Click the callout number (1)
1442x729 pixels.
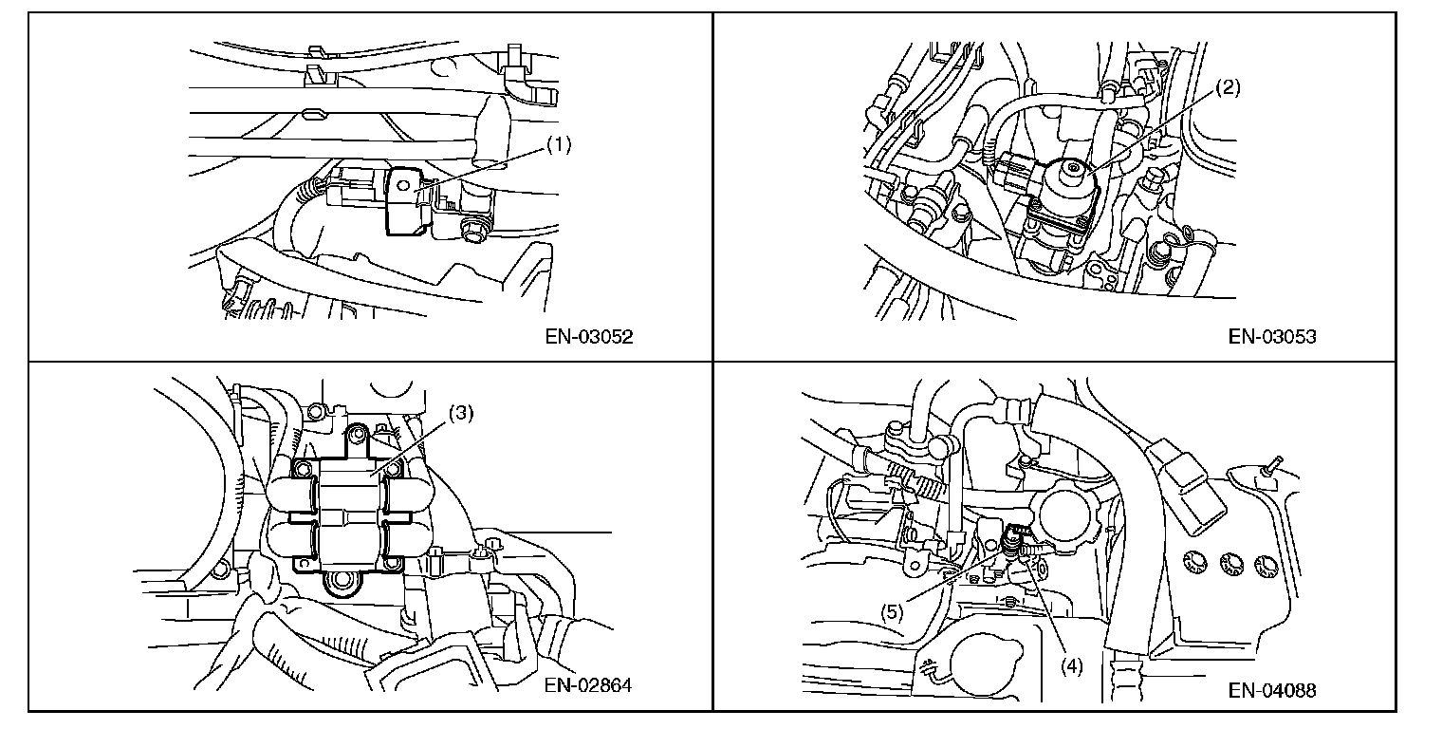559,145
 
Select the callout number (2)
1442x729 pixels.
1228,87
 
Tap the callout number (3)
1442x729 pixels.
461,413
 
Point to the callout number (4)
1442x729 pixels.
1072,666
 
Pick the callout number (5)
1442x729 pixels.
892,612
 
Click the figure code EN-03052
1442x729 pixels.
589,337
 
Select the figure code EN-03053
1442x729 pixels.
1272,337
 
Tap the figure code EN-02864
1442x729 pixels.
588,685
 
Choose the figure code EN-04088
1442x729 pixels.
1272,690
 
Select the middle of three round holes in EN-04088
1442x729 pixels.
1232,564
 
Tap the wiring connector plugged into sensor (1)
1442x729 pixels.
355,187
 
